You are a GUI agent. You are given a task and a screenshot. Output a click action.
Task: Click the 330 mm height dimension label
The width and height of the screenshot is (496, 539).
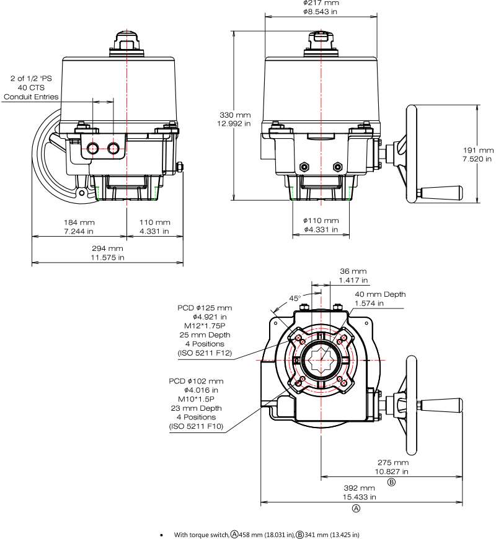click(235, 115)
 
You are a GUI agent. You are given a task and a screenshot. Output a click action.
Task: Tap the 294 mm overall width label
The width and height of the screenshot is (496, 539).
click(107, 248)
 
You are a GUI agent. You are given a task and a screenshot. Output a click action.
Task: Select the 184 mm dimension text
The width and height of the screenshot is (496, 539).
click(79, 222)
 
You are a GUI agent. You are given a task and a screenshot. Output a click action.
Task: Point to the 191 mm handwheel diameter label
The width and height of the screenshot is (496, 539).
click(478, 150)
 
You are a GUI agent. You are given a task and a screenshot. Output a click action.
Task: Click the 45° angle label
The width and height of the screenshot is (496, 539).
click(294, 299)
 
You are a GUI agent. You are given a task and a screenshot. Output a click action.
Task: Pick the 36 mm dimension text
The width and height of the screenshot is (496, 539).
click(353, 271)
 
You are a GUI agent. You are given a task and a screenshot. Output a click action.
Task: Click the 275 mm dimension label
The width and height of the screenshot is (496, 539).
click(393, 463)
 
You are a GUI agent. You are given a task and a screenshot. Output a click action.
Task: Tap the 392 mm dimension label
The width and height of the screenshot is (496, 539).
click(359, 488)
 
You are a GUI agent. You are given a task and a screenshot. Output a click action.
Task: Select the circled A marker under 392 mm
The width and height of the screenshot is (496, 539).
click(356, 509)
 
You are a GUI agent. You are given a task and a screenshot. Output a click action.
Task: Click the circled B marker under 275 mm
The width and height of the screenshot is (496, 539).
click(391, 482)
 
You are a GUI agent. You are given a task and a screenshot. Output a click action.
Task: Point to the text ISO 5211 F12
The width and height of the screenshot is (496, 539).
click(205, 353)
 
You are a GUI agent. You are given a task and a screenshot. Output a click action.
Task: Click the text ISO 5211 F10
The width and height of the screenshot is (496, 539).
click(196, 426)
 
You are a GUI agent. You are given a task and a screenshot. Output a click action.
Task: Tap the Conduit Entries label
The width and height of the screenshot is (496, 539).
click(31, 97)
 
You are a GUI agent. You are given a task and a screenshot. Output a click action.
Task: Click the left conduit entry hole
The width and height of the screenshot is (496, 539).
click(92, 149)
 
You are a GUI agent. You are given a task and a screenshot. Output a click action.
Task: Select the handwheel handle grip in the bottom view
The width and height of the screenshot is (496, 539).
click(441, 405)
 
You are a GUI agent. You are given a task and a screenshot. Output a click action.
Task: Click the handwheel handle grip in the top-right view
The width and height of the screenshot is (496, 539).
click(441, 193)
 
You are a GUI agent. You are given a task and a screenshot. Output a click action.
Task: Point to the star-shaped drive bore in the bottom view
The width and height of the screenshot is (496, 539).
click(321, 360)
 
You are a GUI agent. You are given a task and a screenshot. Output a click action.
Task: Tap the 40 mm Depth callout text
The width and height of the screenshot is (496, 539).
click(380, 295)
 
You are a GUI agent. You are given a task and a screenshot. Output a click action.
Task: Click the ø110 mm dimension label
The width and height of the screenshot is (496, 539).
click(321, 221)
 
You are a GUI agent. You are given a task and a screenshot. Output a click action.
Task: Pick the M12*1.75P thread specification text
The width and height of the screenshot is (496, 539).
click(205, 326)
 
